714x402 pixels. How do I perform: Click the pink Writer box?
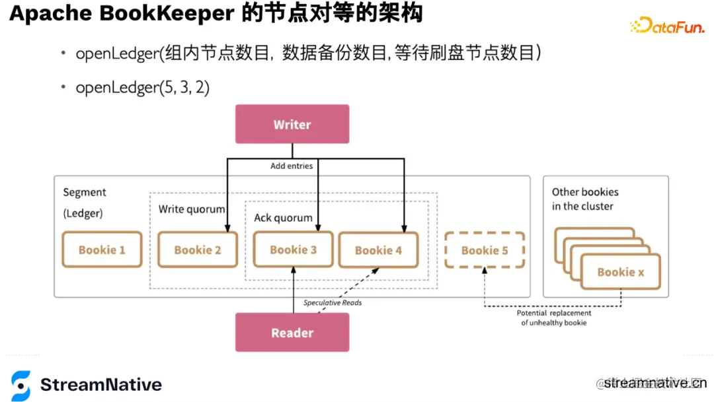292,124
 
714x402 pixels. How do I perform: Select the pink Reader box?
292,333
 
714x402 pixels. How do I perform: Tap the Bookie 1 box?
102,250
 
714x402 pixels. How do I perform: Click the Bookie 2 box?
197,250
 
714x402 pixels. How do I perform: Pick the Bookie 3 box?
293,250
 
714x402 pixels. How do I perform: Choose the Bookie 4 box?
377,250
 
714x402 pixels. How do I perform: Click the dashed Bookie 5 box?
485,250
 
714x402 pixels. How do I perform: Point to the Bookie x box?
620,272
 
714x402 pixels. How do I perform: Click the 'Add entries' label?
291,166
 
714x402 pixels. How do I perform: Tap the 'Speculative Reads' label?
333,303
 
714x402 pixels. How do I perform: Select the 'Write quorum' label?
191,209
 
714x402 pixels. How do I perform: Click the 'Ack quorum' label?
283,218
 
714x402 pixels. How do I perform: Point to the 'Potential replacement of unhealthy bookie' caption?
553,318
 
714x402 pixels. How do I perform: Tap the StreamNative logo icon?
20,385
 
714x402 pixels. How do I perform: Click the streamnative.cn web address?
654,383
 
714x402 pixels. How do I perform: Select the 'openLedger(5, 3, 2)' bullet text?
142,87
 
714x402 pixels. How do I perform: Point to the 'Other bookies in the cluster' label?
585,199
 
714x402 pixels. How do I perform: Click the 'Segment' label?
85,192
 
